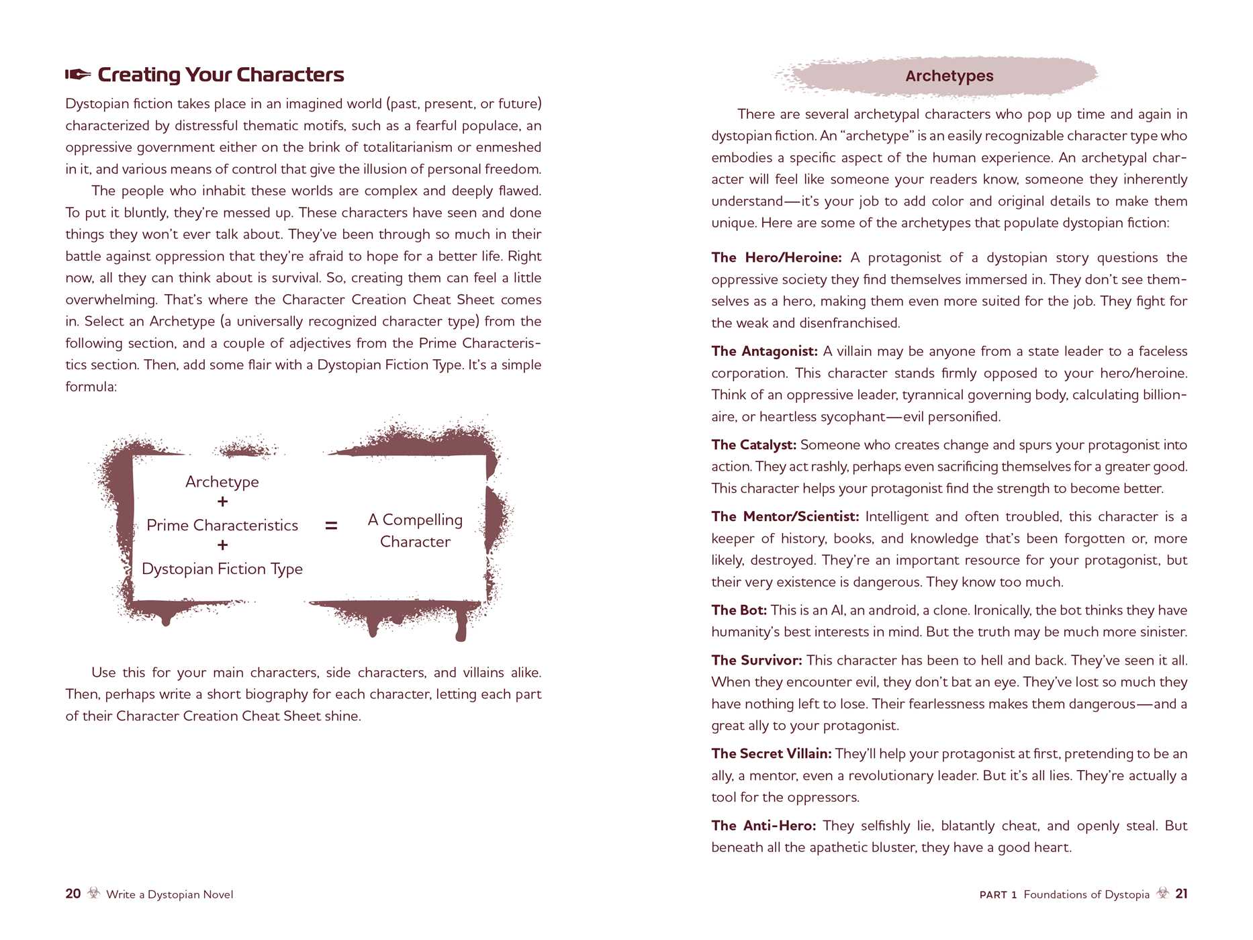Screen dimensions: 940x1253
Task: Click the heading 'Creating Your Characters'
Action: tap(220, 75)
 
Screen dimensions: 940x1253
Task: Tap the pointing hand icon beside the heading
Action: tap(78, 75)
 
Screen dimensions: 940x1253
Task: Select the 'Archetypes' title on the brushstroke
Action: tap(949, 76)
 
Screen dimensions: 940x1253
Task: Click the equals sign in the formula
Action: tap(331, 526)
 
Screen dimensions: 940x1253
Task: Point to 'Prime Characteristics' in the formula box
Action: tap(222, 525)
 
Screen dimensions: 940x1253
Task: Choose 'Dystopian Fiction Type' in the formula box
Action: tap(222, 569)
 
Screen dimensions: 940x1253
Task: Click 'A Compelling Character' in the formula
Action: tap(415, 530)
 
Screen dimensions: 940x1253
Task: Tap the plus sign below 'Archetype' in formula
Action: tap(223, 502)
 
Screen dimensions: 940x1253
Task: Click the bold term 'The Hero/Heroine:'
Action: tap(776, 258)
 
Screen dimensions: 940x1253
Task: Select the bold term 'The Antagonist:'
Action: tap(764, 351)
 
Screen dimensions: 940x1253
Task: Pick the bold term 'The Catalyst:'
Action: tap(753, 444)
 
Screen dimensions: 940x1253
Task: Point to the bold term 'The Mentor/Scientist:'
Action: tap(785, 516)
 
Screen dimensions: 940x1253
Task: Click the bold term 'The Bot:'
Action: tap(739, 610)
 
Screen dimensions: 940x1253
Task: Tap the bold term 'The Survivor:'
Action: tap(757, 660)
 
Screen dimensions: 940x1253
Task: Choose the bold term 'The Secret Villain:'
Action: tap(772, 754)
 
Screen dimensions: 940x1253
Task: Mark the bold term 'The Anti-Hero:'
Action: tap(763, 826)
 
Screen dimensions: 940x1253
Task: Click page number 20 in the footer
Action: tap(73, 894)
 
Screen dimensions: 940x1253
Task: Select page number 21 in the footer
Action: tap(1181, 894)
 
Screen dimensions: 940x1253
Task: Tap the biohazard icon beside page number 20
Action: tap(94, 893)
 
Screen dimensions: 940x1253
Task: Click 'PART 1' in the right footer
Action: tap(998, 894)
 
